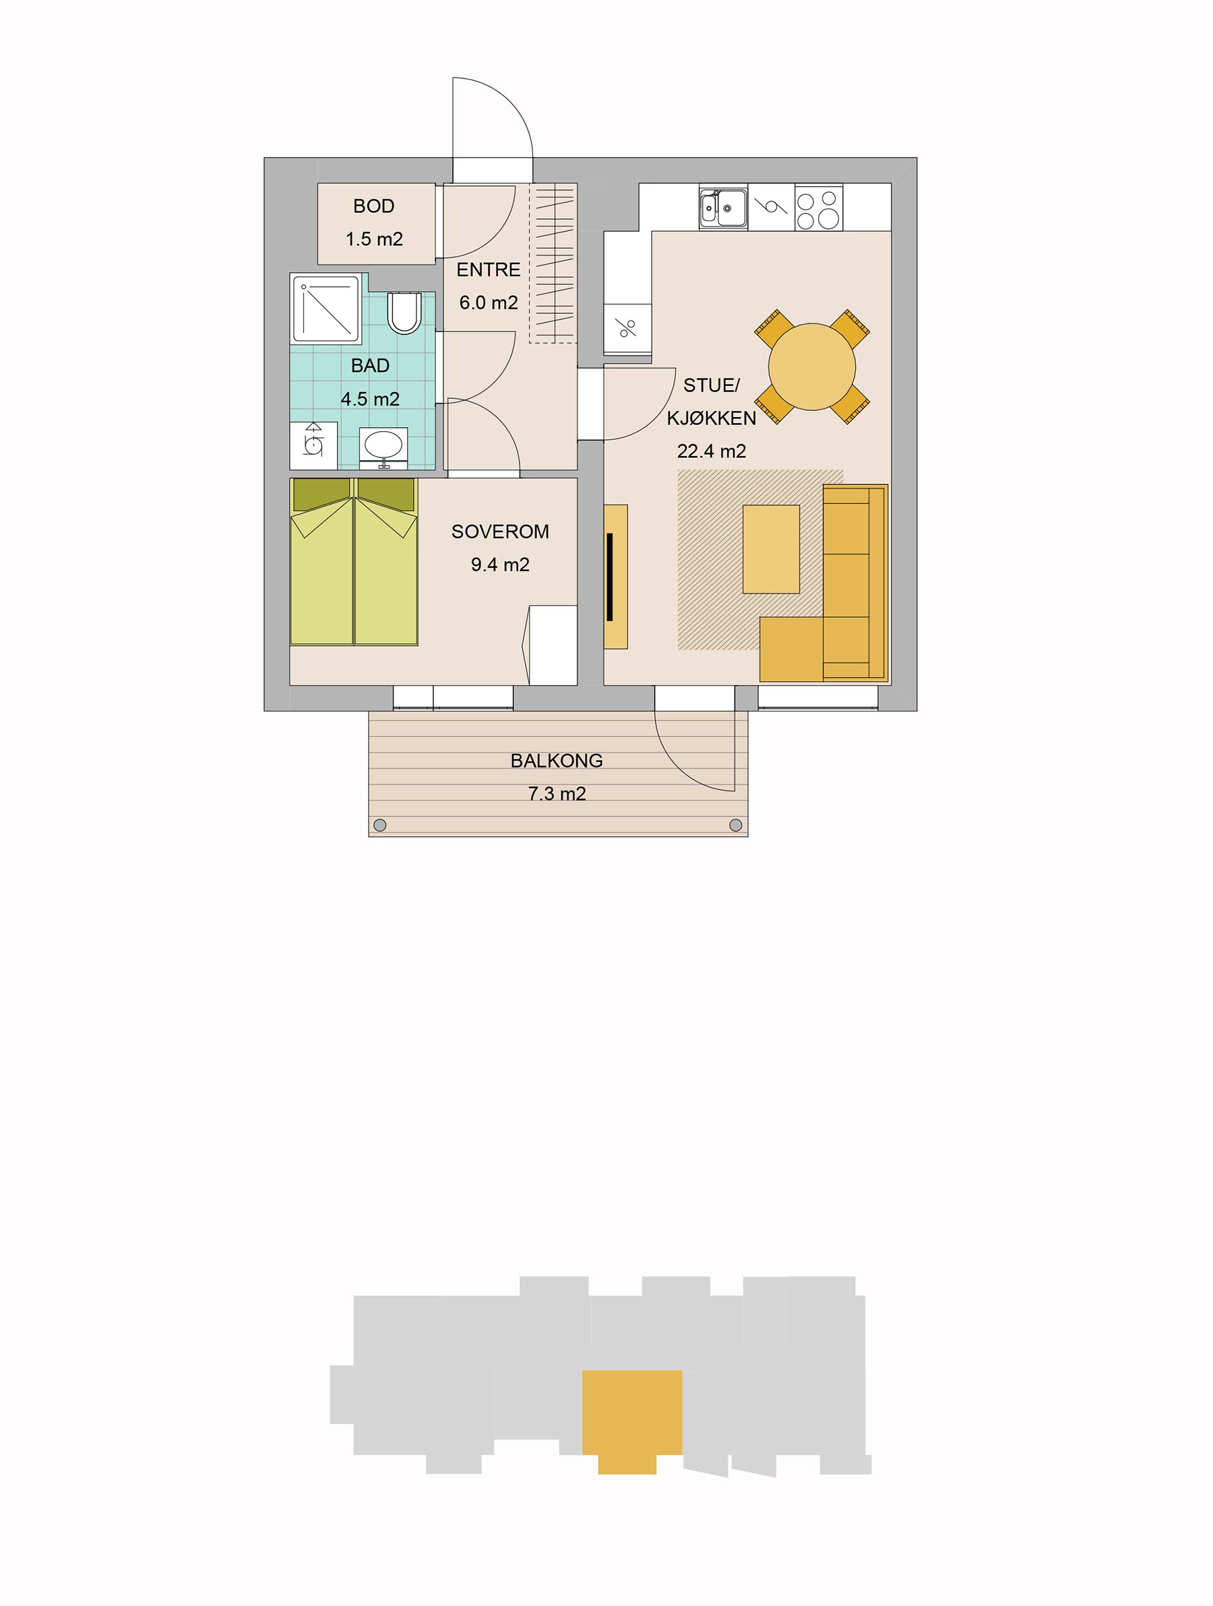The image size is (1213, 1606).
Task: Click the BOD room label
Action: point(373,206)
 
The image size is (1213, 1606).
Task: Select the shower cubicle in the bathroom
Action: point(325,309)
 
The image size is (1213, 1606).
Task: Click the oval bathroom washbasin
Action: point(383,446)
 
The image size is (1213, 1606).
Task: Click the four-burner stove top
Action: point(819,207)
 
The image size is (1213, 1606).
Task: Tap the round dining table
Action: point(811,366)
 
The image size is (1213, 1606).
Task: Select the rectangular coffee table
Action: point(771,549)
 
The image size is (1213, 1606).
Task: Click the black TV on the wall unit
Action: point(611,576)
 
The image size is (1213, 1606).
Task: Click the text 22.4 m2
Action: point(711,451)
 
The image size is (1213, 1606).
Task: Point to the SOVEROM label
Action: point(500,532)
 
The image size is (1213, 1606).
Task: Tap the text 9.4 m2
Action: point(500,565)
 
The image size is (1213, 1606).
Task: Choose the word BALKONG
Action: point(557,761)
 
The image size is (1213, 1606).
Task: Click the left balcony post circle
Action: point(379,825)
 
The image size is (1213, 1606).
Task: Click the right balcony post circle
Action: point(735,825)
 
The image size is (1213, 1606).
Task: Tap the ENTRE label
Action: point(488,270)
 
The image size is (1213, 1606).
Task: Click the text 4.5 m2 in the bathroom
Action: point(370,399)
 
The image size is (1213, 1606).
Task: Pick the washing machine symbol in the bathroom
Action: point(313,445)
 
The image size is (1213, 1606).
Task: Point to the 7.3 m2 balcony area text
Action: point(557,794)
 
